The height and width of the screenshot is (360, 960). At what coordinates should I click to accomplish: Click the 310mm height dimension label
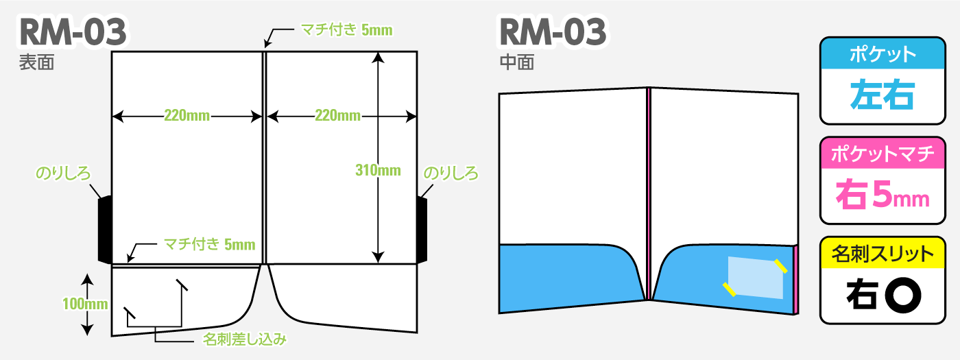click(378, 170)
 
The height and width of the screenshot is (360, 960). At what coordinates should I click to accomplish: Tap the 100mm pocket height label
click(85, 304)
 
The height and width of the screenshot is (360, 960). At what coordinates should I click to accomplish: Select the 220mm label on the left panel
click(187, 115)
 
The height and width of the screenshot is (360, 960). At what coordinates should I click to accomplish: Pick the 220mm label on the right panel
click(337, 115)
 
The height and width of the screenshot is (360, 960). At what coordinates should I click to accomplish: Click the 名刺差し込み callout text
click(245, 339)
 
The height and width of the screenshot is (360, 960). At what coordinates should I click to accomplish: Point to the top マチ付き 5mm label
click(347, 29)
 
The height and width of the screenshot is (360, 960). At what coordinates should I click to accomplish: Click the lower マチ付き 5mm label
click(210, 244)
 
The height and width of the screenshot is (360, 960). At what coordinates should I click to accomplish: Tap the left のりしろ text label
click(63, 173)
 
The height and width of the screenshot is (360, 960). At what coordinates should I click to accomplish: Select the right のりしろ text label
click(451, 173)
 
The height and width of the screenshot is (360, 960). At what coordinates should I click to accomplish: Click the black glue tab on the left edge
click(105, 229)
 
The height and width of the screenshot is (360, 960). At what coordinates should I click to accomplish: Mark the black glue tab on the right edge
click(422, 229)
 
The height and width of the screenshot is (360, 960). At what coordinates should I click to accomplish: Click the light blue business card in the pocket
click(756, 278)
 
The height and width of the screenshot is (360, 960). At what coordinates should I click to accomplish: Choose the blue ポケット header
click(883, 54)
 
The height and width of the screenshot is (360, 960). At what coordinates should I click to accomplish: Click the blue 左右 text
click(883, 95)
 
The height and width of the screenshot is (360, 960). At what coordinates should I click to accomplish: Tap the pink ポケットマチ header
click(883, 154)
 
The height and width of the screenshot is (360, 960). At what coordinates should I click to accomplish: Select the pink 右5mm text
click(883, 194)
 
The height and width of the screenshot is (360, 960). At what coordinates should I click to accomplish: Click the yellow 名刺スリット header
click(883, 253)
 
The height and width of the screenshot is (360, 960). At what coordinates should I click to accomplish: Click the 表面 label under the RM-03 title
click(37, 62)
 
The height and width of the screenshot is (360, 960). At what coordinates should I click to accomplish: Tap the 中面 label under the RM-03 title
click(517, 62)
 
